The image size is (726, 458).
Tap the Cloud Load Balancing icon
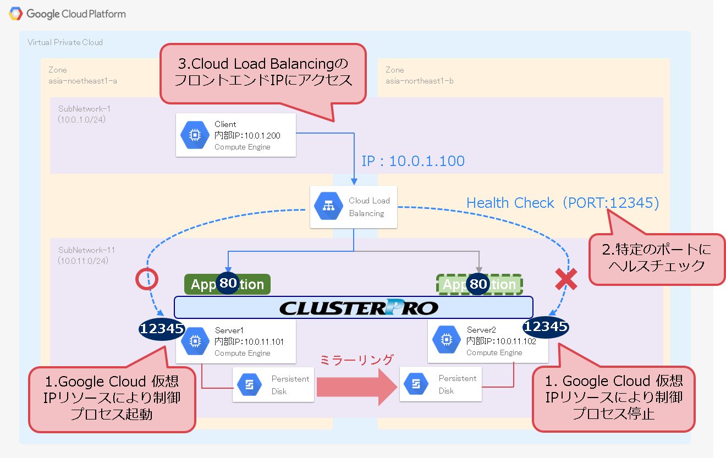(x=328, y=207)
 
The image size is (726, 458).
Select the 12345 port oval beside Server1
(x=161, y=329)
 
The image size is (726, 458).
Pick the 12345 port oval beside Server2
(x=546, y=327)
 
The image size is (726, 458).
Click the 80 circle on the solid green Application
(x=228, y=284)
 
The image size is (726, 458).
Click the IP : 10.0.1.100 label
(x=413, y=161)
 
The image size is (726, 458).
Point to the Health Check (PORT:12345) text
(x=562, y=203)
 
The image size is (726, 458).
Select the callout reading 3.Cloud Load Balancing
(x=263, y=73)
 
